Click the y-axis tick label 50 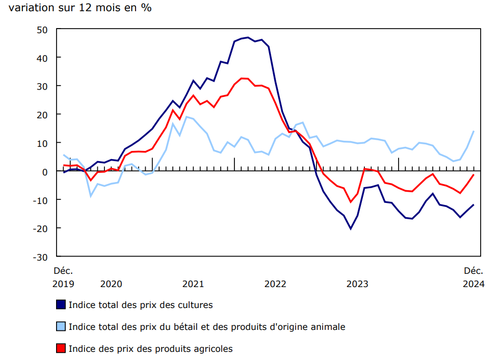point(42,30)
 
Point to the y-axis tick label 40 point(42,58)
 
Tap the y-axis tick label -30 point(40,257)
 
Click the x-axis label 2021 point(193,284)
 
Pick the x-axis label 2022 point(275,284)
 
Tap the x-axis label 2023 point(357,284)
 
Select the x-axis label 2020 point(111,284)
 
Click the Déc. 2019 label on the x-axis point(63,277)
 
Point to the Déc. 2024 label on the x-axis point(474,277)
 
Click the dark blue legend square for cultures point(61,305)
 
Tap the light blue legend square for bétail point(61,327)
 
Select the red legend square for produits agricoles point(61,349)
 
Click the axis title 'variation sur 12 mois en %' point(80,9)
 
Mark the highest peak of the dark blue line point(248,37)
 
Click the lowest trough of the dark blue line point(351,228)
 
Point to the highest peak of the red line point(242,78)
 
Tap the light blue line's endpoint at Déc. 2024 point(474,132)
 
